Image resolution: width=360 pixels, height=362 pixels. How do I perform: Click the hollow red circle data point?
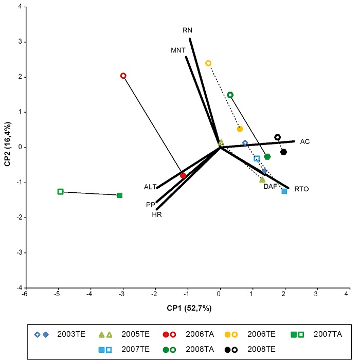coord(123,76)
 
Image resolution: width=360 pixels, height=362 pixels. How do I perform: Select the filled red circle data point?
coord(183,175)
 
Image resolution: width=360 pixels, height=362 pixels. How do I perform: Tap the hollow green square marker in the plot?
coord(60,191)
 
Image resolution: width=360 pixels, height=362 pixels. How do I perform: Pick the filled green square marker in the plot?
coord(120,195)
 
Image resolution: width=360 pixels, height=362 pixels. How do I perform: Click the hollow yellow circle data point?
coord(208,63)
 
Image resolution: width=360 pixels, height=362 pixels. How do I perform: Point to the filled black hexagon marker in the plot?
coord(283,152)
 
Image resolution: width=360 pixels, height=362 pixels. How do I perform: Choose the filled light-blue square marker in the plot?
coord(284,191)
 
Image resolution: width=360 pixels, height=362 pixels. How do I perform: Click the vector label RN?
coord(188,30)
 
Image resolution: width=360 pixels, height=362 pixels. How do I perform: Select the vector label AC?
coord(305,141)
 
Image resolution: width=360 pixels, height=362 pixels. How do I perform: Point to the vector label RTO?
coord(302,189)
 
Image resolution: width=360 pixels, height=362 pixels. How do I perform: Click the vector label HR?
coord(157,214)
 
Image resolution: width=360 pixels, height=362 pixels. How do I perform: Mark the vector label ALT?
coord(150,187)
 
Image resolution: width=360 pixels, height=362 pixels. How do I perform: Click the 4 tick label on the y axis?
coord(19,7)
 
